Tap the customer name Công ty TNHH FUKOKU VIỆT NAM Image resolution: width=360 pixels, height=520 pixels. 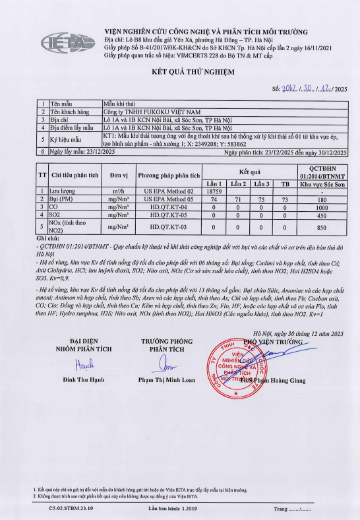pos(153,112)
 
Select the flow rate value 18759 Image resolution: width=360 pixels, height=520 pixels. pos(212,191)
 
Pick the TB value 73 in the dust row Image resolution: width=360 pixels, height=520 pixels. pos(284,199)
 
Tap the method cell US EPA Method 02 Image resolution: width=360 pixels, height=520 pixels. pos(168,191)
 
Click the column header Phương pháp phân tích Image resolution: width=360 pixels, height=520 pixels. pos(168,176)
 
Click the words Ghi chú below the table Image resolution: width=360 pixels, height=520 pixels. pos(49,238)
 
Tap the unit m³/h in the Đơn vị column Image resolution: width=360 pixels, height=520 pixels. pos(119,191)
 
